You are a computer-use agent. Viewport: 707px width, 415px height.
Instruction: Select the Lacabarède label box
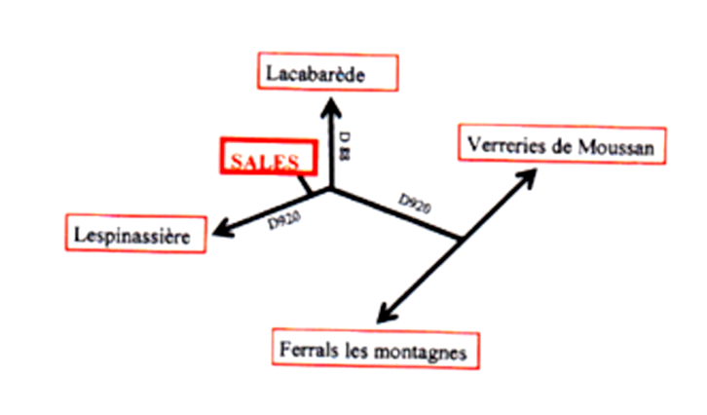pyautogui.click(x=328, y=72)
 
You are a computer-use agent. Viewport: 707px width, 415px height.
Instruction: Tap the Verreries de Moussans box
pyautogui.click(x=562, y=144)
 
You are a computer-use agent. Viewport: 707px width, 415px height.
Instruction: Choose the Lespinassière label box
pyautogui.click(x=136, y=234)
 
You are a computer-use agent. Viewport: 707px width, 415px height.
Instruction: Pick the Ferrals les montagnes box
pyautogui.click(x=375, y=349)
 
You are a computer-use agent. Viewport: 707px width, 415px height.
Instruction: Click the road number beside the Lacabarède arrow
pyautogui.click(x=345, y=145)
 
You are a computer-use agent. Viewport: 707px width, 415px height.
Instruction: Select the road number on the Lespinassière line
pyautogui.click(x=283, y=219)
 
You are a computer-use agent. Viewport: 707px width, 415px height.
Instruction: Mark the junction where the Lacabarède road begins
pyautogui.click(x=331, y=187)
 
